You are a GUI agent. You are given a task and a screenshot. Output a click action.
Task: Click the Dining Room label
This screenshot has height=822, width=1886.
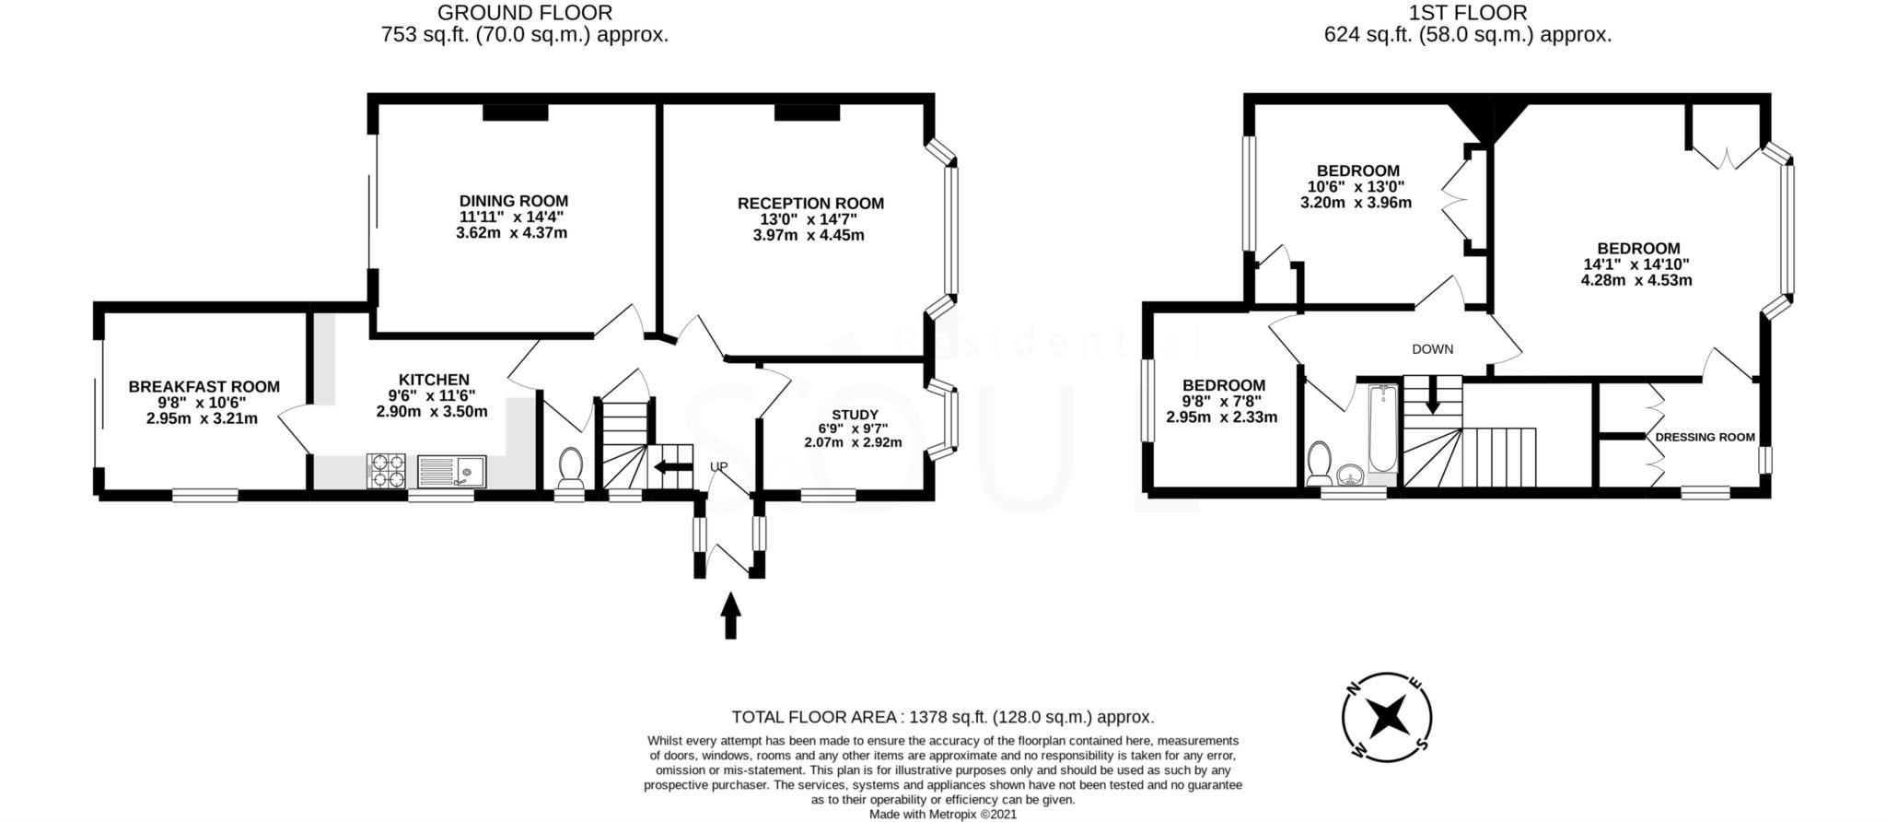[x=513, y=201]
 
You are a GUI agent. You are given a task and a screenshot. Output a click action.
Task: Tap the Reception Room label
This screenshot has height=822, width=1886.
[x=810, y=204]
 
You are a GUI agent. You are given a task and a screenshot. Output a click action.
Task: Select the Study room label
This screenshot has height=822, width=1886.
[x=855, y=415]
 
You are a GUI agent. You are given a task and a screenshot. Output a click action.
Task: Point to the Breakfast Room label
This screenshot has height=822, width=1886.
[x=204, y=387]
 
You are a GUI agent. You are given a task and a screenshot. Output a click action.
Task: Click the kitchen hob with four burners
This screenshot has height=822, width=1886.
[x=387, y=471]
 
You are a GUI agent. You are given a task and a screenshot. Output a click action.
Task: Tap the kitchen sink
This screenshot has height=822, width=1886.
[x=451, y=472]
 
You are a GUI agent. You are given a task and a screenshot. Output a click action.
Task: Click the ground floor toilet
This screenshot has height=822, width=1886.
[x=570, y=468]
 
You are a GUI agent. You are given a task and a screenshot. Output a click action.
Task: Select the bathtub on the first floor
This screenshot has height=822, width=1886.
[x=1381, y=429]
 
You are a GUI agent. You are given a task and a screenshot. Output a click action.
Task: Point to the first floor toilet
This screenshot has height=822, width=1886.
[x=1320, y=463]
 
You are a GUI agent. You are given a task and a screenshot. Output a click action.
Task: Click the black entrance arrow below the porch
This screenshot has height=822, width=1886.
[x=730, y=616]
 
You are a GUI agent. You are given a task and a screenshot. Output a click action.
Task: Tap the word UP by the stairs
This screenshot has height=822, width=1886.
[x=719, y=466]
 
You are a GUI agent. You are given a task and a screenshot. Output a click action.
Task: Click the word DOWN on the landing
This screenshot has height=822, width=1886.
[x=1432, y=349]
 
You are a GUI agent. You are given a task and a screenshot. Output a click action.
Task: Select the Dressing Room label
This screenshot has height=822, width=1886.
[x=1705, y=438]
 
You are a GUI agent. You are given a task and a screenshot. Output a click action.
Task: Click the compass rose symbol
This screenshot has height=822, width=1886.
[x=1386, y=717]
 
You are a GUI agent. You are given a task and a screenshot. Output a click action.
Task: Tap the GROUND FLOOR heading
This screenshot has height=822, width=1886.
[x=524, y=13]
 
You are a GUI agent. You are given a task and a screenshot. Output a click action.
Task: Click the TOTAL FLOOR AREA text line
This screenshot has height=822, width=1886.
[x=942, y=717]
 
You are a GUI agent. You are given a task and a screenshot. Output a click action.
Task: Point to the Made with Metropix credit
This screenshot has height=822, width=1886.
[x=943, y=815]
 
